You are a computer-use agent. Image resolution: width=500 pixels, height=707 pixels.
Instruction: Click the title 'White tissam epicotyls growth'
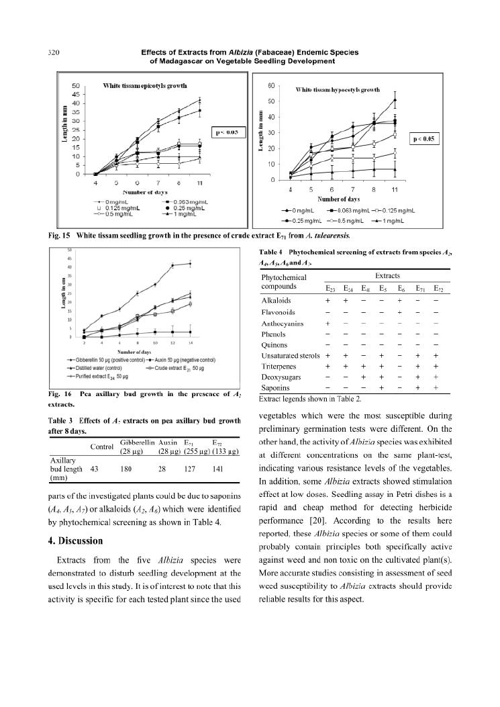click(145, 86)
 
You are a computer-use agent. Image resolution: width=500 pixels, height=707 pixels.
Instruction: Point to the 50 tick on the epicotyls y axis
click(75, 86)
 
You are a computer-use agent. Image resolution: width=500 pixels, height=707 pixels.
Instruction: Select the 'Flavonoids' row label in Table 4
click(277, 312)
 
